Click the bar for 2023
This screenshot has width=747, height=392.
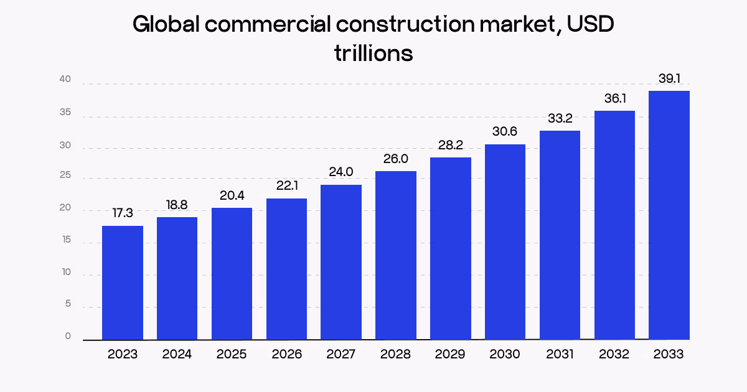click(x=123, y=282)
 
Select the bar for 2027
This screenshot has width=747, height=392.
click(x=341, y=262)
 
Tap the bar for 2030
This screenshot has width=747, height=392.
click(x=505, y=242)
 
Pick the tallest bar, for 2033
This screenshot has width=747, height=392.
click(x=669, y=215)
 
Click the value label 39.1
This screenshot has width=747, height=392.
click(x=669, y=79)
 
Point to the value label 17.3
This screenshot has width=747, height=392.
click(x=123, y=213)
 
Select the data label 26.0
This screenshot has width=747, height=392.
click(x=396, y=159)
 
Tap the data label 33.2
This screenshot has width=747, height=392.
click(x=560, y=118)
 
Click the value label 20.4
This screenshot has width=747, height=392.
click(x=232, y=195)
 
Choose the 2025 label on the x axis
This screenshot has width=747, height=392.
click(x=232, y=355)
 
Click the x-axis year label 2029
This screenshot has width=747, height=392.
click(x=450, y=355)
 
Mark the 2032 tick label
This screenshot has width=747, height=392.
click(x=614, y=355)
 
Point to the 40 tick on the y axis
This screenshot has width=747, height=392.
click(x=65, y=80)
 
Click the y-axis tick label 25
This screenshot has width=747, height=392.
click(x=65, y=177)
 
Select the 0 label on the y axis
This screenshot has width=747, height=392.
click(x=68, y=337)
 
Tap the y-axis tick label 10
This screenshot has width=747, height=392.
click(x=65, y=273)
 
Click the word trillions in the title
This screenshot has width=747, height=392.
click(x=374, y=54)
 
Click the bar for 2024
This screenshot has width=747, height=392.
click(x=177, y=278)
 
